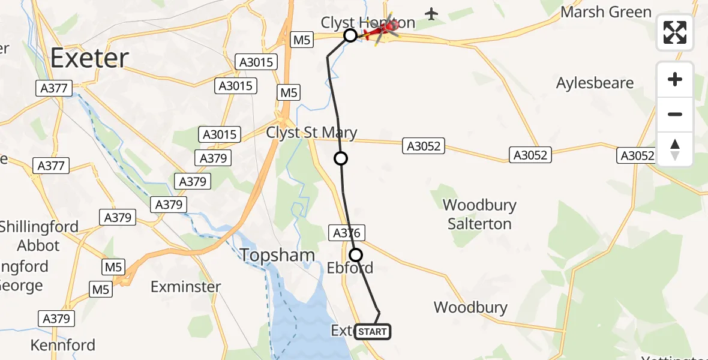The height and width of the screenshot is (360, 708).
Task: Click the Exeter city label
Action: pyautogui.click(x=89, y=58)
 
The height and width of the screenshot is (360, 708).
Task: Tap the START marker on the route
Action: pyautogui.click(x=373, y=332)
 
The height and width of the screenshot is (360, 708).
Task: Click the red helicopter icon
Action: pyautogui.click(x=384, y=28)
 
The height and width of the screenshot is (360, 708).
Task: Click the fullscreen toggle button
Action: pyautogui.click(x=675, y=32)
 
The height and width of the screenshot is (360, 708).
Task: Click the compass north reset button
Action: pyautogui.click(x=675, y=149)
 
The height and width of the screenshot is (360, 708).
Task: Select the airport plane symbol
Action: pyautogui.click(x=431, y=13)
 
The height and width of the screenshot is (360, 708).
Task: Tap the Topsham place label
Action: pyautogui.click(x=277, y=256)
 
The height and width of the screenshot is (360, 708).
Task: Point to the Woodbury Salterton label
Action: pyautogui.click(x=479, y=214)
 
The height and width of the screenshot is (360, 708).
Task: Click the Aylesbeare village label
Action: pyautogui.click(x=595, y=83)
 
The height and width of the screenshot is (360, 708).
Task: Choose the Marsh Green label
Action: pyautogui.click(x=606, y=12)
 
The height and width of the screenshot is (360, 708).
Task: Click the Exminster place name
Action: pyautogui.click(x=186, y=287)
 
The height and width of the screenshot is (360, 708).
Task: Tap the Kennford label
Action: pyautogui.click(x=63, y=345)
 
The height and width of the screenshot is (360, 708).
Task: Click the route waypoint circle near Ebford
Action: pyautogui.click(x=356, y=255)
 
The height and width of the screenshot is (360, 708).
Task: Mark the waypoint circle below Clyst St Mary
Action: pyautogui.click(x=341, y=158)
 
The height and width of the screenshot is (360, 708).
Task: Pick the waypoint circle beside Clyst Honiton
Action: pyautogui.click(x=350, y=35)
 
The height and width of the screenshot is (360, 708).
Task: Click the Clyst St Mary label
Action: pyautogui.click(x=311, y=133)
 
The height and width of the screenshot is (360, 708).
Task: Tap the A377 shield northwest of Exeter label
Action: pyautogui.click(x=53, y=88)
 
